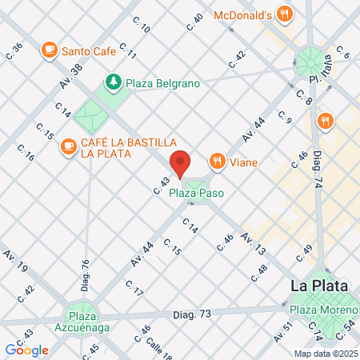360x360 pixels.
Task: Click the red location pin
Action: (x=181, y=162)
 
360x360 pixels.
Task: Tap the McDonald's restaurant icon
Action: (x=284, y=13)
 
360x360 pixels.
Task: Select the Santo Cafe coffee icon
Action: (x=49, y=50)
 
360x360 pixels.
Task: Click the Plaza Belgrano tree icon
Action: (x=114, y=82)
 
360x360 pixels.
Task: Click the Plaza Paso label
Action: (x=195, y=194)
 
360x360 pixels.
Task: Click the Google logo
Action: (x=26, y=350)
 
